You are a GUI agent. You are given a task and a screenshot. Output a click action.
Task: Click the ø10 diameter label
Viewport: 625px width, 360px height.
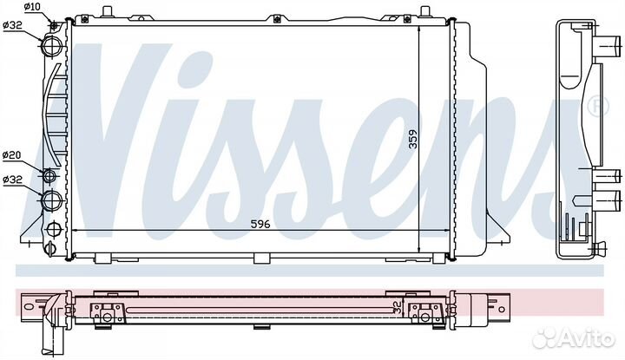pos(32,7)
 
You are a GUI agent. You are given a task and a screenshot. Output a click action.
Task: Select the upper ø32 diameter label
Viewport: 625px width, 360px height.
pos(12,25)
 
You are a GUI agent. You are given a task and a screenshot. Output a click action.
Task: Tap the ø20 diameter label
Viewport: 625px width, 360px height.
pos(12,155)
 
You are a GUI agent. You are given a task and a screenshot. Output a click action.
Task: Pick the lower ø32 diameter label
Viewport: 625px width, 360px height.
pos(12,180)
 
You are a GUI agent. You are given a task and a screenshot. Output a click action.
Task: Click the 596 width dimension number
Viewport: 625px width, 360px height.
pos(260,224)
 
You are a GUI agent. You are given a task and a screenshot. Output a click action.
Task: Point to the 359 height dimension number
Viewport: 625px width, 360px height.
pos(413,139)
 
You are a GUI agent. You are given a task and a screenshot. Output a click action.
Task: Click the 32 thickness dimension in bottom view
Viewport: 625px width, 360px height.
pos(397,306)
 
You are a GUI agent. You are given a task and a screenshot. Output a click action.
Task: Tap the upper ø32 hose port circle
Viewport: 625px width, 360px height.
pos(52,46)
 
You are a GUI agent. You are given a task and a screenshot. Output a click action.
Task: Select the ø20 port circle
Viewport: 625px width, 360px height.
pos(49,175)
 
